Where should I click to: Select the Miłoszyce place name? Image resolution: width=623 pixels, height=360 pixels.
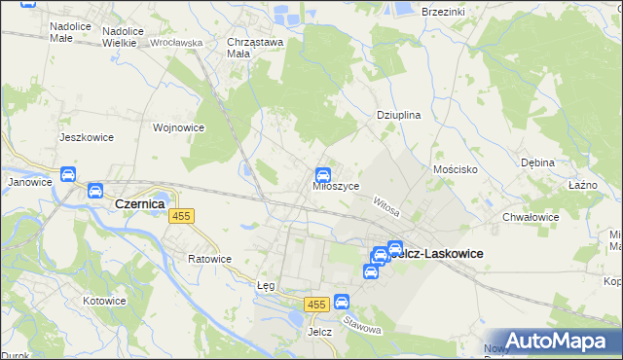click(x=336, y=186)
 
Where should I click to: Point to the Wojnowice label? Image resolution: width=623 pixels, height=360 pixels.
click(x=178, y=127)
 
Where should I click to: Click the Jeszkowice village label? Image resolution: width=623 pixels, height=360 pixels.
click(x=87, y=137)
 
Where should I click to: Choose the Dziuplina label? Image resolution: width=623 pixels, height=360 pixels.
click(x=398, y=115)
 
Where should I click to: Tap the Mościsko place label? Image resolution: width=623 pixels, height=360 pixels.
click(x=455, y=169)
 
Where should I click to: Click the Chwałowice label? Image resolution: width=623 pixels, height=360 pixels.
click(x=531, y=217)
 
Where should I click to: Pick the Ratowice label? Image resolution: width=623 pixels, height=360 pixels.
click(x=209, y=259)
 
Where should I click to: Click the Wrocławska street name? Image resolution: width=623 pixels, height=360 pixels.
click(x=175, y=43)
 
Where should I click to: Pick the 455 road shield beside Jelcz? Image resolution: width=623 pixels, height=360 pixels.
click(x=313, y=306)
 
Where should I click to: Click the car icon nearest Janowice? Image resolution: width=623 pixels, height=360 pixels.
click(x=68, y=175)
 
